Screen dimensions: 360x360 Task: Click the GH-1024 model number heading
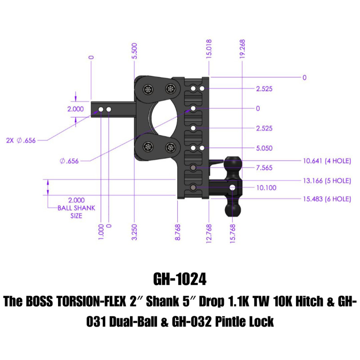pyautogui.click(x=180, y=279)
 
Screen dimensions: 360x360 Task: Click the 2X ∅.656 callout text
pyautogui.click(x=21, y=140)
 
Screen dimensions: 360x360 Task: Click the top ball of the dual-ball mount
pyautogui.click(x=233, y=162)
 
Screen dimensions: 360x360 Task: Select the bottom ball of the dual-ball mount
pyautogui.click(x=231, y=209)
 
